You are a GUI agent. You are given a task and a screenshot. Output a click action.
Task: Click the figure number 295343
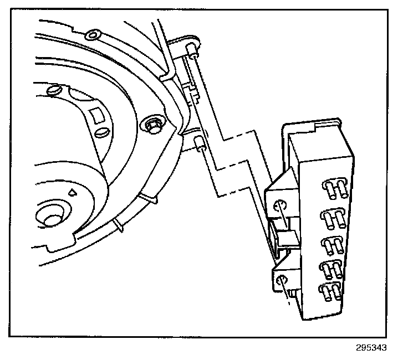pos(371,348)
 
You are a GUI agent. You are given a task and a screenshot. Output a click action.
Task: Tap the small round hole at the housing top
pos(93,36)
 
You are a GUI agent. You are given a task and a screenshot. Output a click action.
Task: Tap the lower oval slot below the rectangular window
pos(101,133)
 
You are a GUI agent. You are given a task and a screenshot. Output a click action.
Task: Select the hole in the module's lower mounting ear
pos(282,279)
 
